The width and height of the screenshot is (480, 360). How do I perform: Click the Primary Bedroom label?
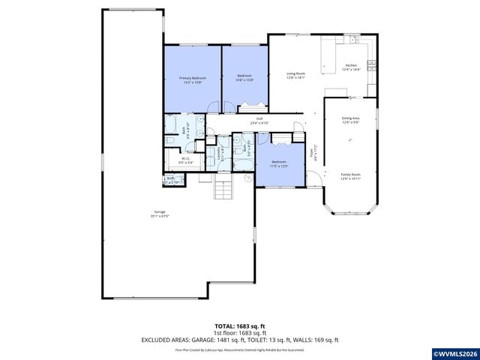point(192,79)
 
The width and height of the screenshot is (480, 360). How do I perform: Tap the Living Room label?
point(295,75)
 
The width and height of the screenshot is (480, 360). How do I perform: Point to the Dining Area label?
point(351,120)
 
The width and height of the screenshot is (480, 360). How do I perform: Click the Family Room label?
point(351,175)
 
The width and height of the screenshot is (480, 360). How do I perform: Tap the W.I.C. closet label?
point(187,160)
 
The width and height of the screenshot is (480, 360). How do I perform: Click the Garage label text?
point(158,214)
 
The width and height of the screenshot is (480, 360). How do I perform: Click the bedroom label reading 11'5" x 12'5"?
point(278,163)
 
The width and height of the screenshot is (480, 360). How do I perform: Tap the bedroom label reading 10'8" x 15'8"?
point(245,77)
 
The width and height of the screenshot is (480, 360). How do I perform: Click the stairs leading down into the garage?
point(224,190)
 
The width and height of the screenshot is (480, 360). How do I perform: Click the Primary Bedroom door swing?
point(214,106)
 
